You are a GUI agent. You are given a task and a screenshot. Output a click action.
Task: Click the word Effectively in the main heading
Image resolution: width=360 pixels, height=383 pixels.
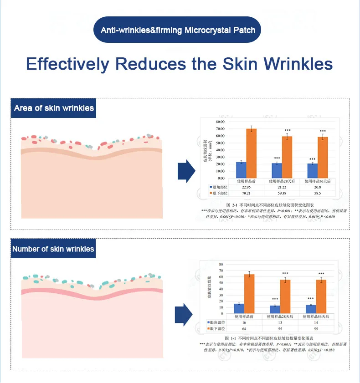tap(67, 63)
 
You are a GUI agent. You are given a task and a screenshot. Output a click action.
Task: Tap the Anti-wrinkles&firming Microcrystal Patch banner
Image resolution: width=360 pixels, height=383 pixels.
tap(180, 31)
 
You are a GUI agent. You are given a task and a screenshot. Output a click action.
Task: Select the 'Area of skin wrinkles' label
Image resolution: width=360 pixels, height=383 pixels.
tap(54, 108)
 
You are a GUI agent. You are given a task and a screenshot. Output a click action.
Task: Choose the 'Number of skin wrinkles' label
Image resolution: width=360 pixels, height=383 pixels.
tap(53, 249)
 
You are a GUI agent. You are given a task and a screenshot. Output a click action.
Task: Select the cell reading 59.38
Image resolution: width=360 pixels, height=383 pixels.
tap(287, 193)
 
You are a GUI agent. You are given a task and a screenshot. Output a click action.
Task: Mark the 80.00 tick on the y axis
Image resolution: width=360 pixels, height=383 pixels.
tap(220, 122)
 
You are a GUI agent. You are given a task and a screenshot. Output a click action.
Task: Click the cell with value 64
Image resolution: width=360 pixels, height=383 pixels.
tap(250, 328)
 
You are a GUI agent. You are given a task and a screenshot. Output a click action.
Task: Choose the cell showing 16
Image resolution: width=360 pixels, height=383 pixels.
tap(250, 322)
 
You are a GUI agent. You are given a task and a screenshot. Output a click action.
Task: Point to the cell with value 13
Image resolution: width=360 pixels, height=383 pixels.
tap(285, 322)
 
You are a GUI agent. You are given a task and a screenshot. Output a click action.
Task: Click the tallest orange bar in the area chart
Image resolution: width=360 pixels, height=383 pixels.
tap(252, 153)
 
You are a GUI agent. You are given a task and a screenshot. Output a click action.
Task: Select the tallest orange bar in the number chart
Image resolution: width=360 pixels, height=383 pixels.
tap(250, 294)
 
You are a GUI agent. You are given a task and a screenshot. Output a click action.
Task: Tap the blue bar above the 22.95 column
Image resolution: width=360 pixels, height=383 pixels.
tap(241, 169)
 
